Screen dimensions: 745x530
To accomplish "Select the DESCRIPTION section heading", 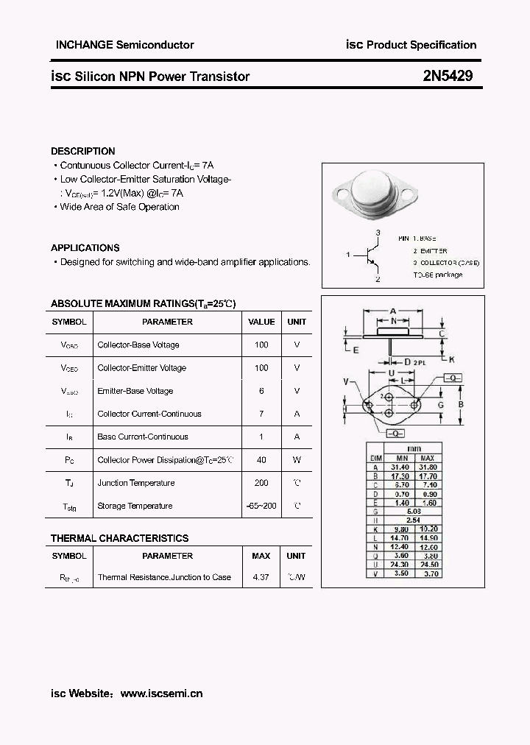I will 83,151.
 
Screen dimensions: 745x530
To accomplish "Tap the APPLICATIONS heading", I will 85,248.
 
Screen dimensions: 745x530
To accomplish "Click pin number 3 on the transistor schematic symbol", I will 378,233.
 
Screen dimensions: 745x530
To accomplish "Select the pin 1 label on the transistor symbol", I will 347,254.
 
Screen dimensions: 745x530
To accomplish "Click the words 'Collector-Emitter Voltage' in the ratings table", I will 142,368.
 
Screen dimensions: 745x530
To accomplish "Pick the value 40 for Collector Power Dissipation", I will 261,460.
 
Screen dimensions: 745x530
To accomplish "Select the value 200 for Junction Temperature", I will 261,483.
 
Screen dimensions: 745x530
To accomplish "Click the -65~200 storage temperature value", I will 261,506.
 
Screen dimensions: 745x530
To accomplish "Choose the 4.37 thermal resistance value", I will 261,577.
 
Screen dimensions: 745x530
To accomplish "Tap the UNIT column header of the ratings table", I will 297,322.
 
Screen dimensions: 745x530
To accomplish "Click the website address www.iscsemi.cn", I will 161,693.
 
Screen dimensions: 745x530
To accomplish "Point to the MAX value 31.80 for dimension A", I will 427,467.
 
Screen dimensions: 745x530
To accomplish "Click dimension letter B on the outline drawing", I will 460,404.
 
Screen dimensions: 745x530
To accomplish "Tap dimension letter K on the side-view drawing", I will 452,360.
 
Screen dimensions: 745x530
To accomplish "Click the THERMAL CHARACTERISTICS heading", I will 119,538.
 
